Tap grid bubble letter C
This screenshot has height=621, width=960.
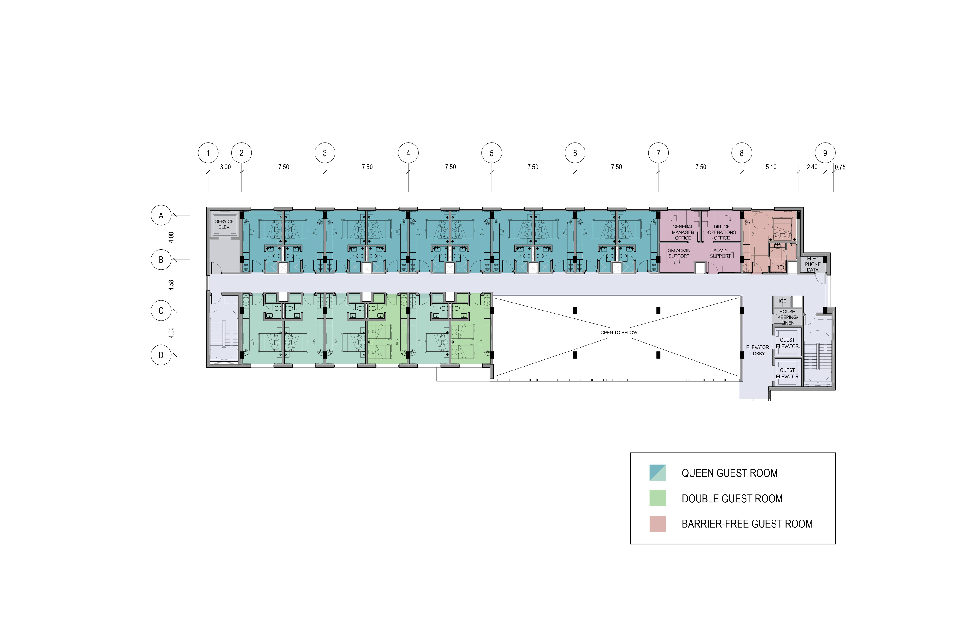pyautogui.click(x=161, y=310)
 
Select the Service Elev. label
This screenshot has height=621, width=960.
pyautogui.click(x=224, y=224)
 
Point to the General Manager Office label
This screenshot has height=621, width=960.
pyautogui.click(x=682, y=232)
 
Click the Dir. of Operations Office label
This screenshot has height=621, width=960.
pyautogui.click(x=721, y=232)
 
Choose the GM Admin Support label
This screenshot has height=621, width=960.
pyautogui.click(x=679, y=253)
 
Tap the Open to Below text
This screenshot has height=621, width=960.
pyautogui.click(x=619, y=333)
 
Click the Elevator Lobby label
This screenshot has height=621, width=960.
pyautogui.click(x=757, y=350)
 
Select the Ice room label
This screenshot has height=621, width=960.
pyautogui.click(x=782, y=301)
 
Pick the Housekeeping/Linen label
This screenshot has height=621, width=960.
pyautogui.click(x=787, y=317)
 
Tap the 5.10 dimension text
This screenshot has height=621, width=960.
pyautogui.click(x=770, y=167)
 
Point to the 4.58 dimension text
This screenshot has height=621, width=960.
pyautogui.click(x=171, y=285)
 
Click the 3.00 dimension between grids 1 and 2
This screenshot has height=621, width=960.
pyautogui.click(x=225, y=167)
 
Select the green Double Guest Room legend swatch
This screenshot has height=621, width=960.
pyautogui.click(x=657, y=498)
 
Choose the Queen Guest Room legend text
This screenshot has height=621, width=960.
pyautogui.click(x=729, y=473)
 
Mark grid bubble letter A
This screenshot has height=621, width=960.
pyautogui.click(x=161, y=215)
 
